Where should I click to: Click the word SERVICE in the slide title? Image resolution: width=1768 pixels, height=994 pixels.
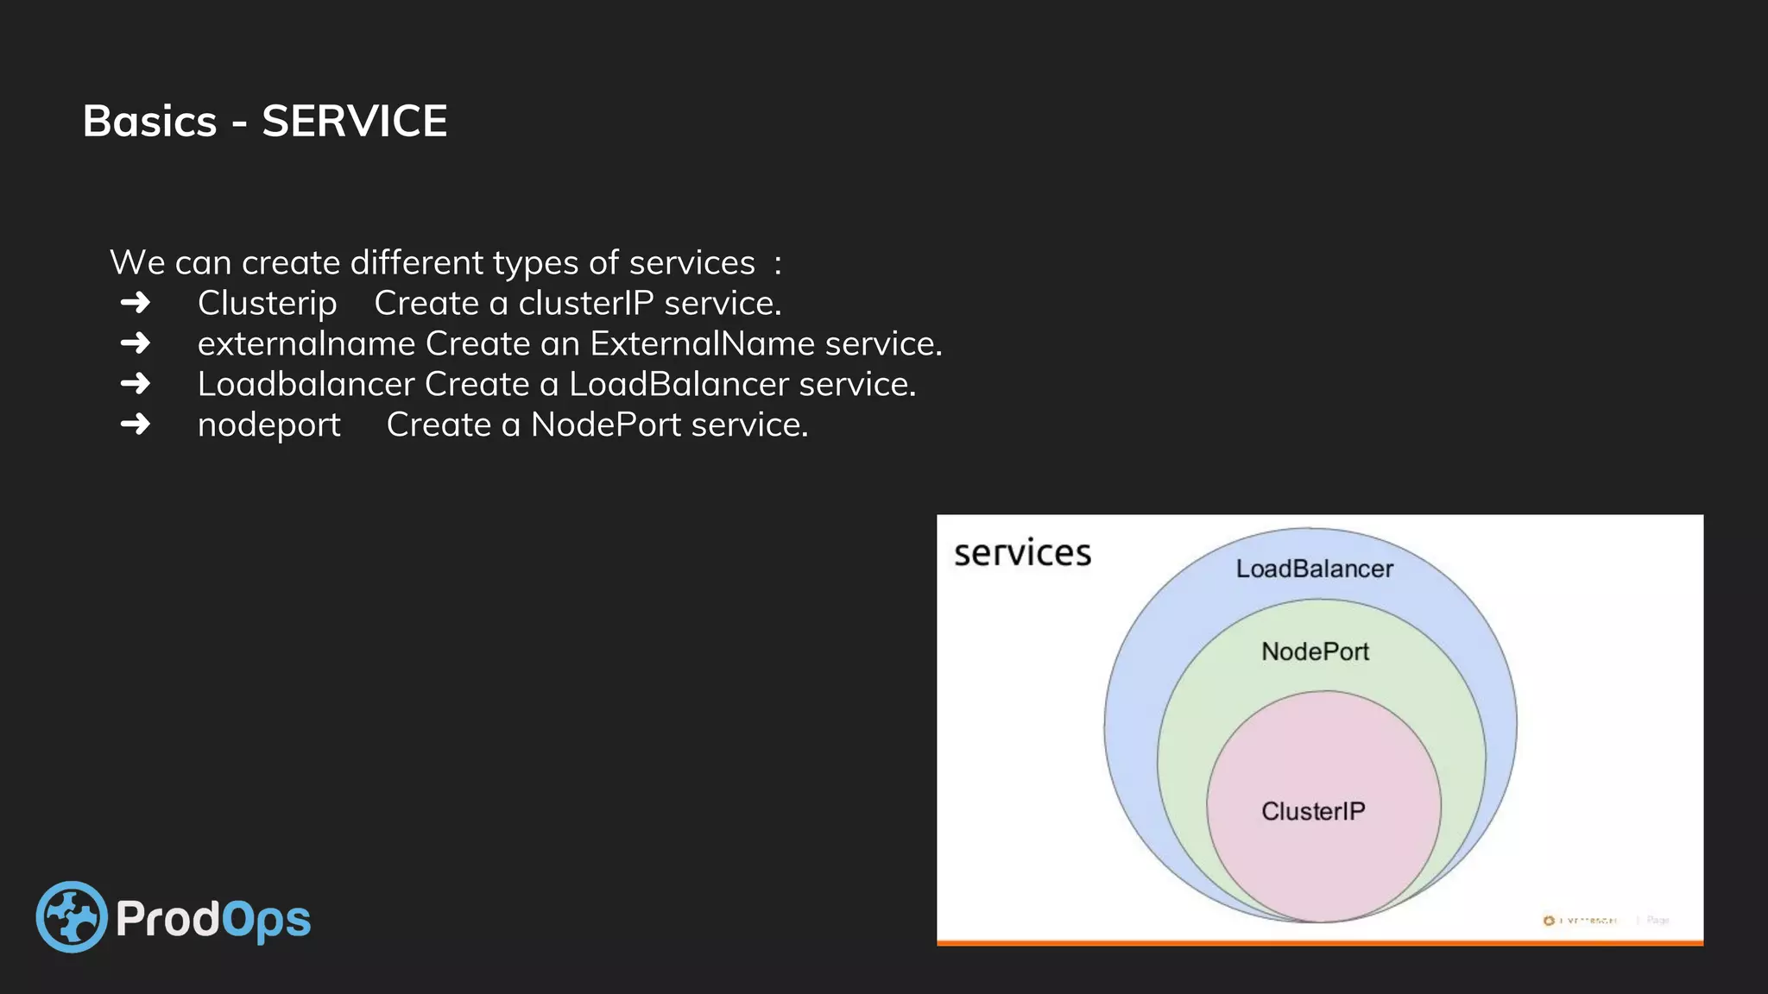coord(354,121)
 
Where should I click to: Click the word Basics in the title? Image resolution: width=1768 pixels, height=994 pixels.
coord(149,121)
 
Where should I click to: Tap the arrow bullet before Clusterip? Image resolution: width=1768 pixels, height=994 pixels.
coord(136,303)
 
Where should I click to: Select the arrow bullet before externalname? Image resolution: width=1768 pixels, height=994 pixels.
coord(136,343)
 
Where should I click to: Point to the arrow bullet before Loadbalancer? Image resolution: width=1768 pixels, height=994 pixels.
coord(136,384)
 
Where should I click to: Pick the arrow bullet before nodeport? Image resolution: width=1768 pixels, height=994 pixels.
coord(136,425)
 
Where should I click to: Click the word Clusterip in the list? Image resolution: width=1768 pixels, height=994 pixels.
coord(267,304)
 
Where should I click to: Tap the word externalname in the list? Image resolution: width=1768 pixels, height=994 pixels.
coord(306,344)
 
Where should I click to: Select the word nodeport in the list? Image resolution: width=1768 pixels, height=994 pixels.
coord(268,425)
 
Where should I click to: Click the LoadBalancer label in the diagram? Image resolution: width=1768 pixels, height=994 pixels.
coord(1314,569)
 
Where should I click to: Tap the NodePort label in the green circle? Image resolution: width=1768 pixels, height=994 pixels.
coord(1315,651)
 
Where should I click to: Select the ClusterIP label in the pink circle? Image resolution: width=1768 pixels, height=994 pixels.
coord(1313,811)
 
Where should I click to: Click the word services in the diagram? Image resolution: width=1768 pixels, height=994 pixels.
coord(1022,553)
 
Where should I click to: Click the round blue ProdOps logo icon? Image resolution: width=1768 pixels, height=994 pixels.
coord(72,916)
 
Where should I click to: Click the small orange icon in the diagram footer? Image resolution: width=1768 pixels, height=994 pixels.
coord(1548,921)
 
